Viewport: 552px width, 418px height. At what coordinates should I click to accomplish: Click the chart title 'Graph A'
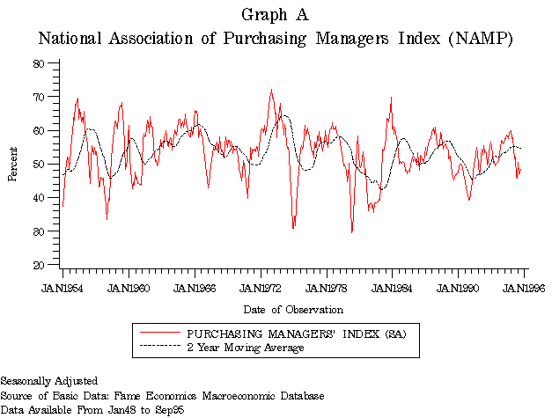click(275, 15)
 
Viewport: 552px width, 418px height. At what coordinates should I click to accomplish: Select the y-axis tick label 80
click(39, 63)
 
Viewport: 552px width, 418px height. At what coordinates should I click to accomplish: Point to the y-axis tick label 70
click(39, 97)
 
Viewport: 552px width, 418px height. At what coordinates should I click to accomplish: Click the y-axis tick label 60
click(39, 130)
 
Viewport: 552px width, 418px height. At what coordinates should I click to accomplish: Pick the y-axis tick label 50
click(39, 165)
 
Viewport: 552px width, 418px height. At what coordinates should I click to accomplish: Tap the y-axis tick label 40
click(39, 198)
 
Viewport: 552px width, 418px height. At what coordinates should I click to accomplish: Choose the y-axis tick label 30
click(39, 231)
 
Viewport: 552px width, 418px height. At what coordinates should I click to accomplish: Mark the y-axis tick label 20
click(39, 265)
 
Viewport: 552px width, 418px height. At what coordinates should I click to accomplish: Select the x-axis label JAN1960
click(129, 288)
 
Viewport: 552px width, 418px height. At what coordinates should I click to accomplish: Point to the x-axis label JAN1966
click(195, 288)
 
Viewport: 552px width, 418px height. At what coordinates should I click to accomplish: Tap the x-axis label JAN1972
click(261, 288)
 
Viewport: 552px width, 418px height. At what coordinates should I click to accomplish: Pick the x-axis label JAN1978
click(328, 288)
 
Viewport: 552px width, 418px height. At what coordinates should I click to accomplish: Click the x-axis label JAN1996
click(525, 288)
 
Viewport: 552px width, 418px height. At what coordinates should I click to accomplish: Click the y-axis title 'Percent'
click(13, 164)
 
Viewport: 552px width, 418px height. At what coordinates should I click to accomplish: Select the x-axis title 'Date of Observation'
click(293, 310)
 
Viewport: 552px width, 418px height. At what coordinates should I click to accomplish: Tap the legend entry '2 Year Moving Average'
click(246, 348)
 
